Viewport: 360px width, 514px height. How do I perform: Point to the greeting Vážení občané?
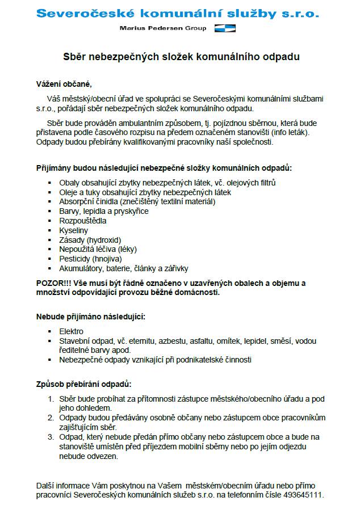click(64, 85)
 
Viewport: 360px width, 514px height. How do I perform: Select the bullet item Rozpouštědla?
click(83, 221)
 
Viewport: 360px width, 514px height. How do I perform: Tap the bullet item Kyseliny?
click(74, 230)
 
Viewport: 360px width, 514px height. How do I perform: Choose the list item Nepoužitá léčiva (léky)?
click(98, 249)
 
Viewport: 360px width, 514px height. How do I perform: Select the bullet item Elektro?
click(72, 331)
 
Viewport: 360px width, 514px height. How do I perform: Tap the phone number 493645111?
click(305, 495)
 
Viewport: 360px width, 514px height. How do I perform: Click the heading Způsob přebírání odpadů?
click(83, 384)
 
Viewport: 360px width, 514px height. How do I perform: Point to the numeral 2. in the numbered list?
click(51, 418)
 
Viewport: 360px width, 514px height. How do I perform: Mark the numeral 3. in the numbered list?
click(51, 437)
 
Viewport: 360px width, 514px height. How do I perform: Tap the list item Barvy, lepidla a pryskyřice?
click(95, 211)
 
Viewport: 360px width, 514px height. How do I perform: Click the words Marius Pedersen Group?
click(164, 28)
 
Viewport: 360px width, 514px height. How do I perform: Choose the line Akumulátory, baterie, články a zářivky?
click(124, 268)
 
